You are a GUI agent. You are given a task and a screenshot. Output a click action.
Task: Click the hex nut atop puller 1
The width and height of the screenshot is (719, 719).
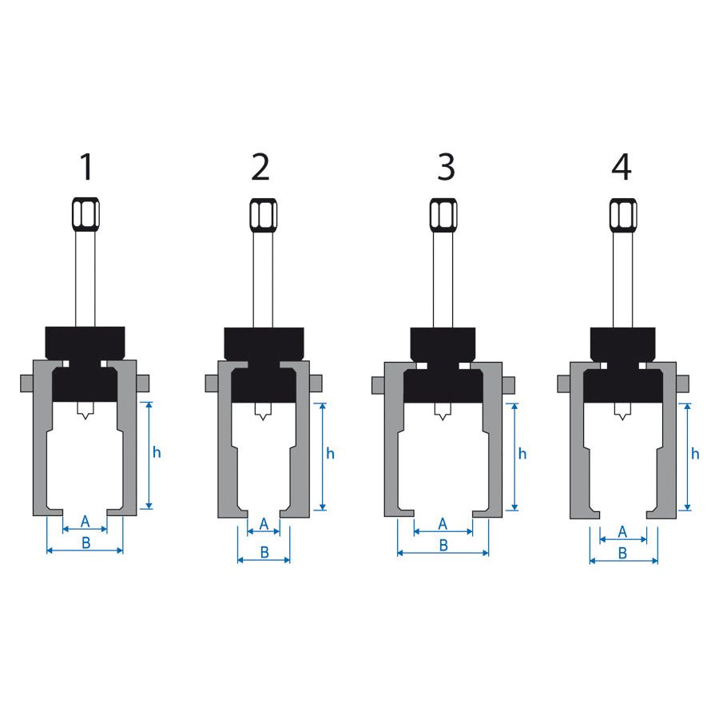point(85,214)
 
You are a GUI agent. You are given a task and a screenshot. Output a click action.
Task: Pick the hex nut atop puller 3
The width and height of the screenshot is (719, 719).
point(443,215)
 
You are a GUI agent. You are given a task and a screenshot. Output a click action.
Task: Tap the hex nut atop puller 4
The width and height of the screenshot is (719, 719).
point(623,215)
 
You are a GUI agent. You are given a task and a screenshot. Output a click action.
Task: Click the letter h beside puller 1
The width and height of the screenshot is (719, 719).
point(157,453)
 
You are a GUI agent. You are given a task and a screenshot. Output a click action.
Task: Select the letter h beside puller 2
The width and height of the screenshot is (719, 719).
point(330,454)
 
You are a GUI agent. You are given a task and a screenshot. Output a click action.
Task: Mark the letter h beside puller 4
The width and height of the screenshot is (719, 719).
point(695,454)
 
